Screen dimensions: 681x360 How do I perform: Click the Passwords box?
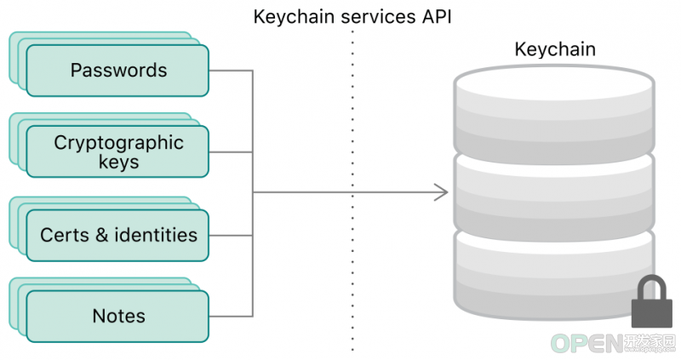117,71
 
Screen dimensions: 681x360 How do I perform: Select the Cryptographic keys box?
117,151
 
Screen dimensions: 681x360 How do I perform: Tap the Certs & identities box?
117,236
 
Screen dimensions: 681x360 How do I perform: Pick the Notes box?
117,316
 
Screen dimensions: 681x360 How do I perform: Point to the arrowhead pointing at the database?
441,192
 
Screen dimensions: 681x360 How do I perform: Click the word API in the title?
437,17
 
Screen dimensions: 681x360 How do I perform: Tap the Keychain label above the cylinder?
555,49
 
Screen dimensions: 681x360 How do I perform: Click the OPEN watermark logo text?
587,344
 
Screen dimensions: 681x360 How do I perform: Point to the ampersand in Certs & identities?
101,235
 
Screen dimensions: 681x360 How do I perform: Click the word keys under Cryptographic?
118,162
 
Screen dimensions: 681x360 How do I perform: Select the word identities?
156,235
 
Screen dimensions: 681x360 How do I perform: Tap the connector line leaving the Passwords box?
231,71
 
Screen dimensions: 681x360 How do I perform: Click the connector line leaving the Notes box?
231,316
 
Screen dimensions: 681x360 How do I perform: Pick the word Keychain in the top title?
294,17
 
